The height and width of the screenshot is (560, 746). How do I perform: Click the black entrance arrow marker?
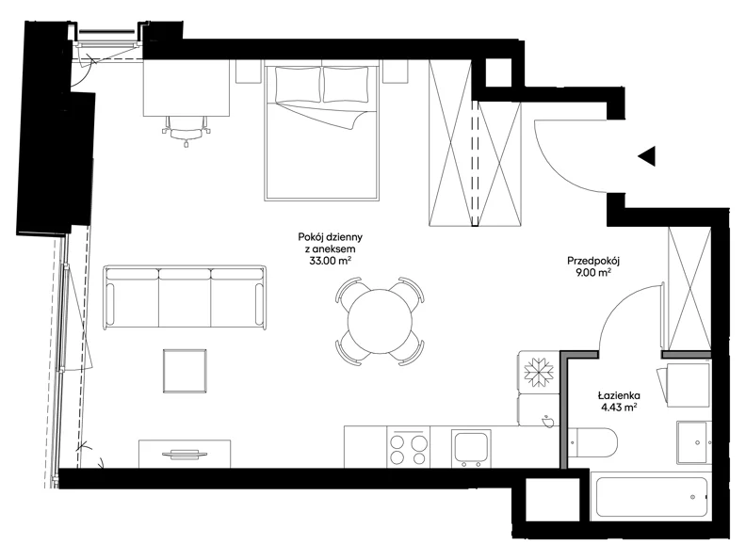click(648, 156)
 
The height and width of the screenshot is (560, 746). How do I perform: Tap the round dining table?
click(380, 321)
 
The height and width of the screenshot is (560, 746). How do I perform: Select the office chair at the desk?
click(186, 131)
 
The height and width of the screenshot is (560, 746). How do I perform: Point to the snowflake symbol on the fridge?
click(539, 371)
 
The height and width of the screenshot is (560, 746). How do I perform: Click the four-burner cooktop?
click(408, 447)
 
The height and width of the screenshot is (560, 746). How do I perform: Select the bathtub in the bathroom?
click(651, 497)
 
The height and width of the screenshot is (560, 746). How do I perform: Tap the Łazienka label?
click(619, 395)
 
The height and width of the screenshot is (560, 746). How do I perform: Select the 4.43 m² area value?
click(619, 407)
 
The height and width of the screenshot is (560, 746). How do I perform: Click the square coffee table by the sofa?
click(185, 371)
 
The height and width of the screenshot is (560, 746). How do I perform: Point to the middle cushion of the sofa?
click(185, 299)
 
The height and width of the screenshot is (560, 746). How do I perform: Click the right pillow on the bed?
click(346, 84)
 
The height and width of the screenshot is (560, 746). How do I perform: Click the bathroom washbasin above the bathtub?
click(694, 442)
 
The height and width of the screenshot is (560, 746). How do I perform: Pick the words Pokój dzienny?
click(331, 237)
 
